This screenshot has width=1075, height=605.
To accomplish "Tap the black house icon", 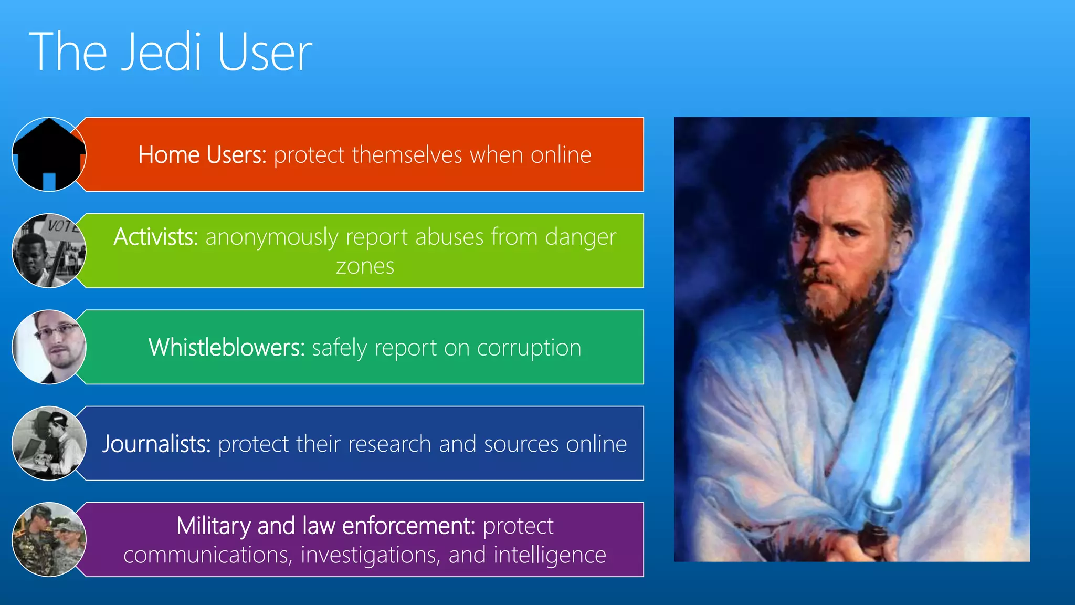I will (x=49, y=154).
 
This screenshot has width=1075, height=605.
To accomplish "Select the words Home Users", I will (x=202, y=155).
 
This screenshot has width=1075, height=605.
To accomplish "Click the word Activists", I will (x=156, y=237).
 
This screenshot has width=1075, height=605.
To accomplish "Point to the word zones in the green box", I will (x=365, y=266).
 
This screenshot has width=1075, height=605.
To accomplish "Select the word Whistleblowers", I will (x=226, y=348).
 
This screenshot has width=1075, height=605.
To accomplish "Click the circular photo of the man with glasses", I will (x=49, y=347).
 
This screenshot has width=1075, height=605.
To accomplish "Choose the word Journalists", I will (x=156, y=444).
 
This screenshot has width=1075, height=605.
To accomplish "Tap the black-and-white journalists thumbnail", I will (x=49, y=443).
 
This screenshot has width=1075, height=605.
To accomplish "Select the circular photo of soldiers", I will (x=49, y=539).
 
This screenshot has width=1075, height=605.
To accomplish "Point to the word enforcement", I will (x=408, y=526).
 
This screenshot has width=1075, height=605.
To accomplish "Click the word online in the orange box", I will (x=561, y=155).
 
